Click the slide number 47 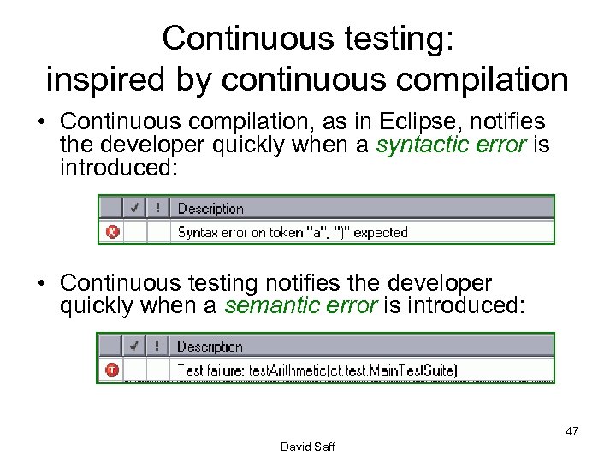click(x=572, y=431)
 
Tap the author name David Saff click(x=308, y=447)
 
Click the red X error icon click(x=112, y=232)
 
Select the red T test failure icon click(x=112, y=370)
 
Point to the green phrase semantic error click(x=300, y=306)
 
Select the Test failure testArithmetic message click(x=317, y=370)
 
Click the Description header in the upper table click(x=210, y=209)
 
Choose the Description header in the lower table click(x=210, y=346)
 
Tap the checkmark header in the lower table click(x=135, y=346)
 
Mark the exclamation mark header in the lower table click(x=158, y=346)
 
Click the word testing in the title click(x=393, y=38)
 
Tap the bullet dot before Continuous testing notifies click(x=41, y=283)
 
